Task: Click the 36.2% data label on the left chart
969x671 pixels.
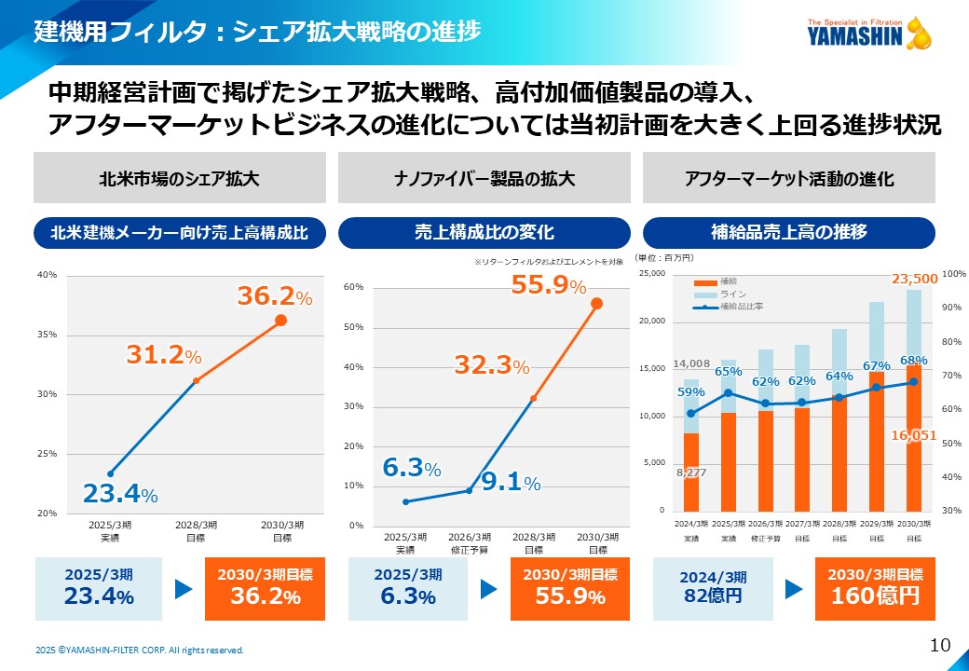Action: pyautogui.click(x=274, y=296)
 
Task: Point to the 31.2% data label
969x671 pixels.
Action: pyautogui.click(x=163, y=354)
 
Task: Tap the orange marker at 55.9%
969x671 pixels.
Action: pyautogui.click(x=596, y=303)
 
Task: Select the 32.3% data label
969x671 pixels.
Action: pyautogui.click(x=491, y=365)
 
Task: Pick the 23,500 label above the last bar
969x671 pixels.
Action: pyautogui.click(x=914, y=279)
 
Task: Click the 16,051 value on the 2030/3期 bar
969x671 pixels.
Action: pyautogui.click(x=913, y=434)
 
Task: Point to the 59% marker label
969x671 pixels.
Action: pyautogui.click(x=690, y=391)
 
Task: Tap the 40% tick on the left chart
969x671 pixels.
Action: pyautogui.click(x=48, y=275)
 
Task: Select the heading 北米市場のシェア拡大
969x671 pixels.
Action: pyautogui.click(x=180, y=178)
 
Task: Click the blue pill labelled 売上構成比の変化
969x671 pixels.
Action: pyautogui.click(x=484, y=232)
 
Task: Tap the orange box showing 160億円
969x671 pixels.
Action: pyautogui.click(x=874, y=589)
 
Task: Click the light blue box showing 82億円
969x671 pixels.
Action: pyautogui.click(x=713, y=589)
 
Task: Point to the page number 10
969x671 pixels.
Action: pyautogui.click(x=939, y=645)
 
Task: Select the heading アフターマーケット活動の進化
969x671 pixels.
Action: pyautogui.click(x=788, y=178)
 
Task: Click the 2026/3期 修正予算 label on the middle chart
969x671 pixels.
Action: pyautogui.click(x=470, y=543)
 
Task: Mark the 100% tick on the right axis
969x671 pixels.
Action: pyautogui.click(x=953, y=274)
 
